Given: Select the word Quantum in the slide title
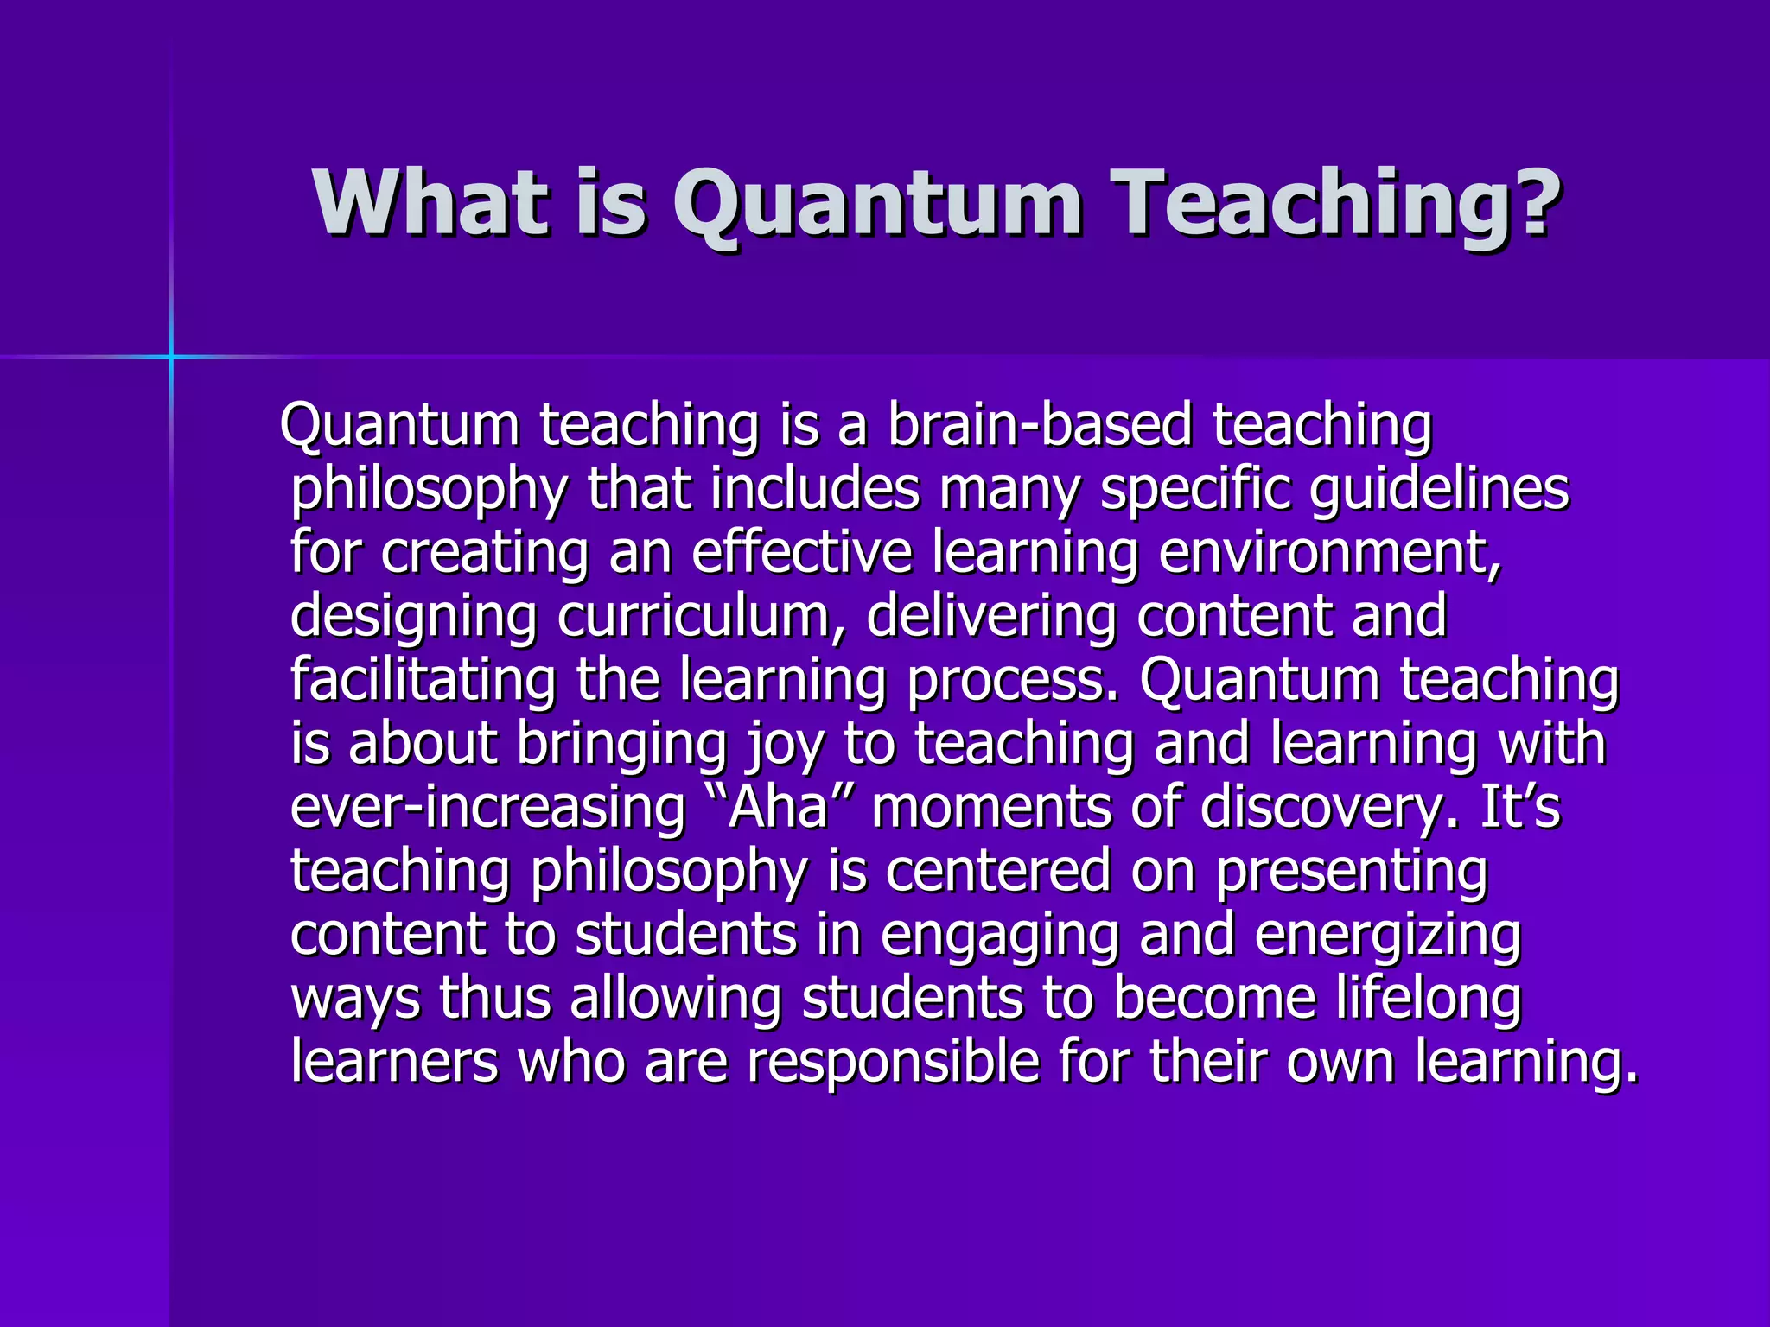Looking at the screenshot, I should coord(876,206).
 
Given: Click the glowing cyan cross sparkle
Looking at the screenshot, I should coord(171,356).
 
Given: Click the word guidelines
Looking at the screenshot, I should coord(1439,490).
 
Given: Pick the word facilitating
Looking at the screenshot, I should coord(423,680).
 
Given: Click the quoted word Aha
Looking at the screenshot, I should coord(779,807).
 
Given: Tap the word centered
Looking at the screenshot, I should coord(998,871).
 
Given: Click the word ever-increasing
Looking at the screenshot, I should coord(488,807).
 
